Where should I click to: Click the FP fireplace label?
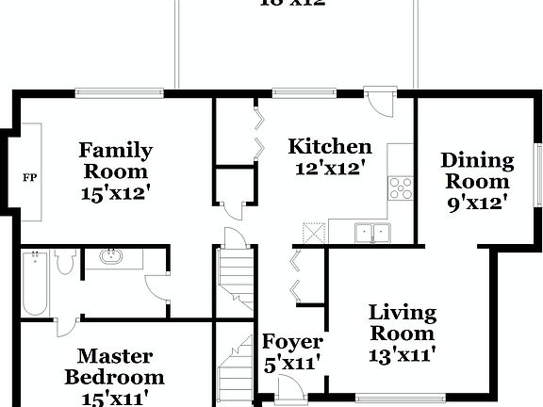coord(29,176)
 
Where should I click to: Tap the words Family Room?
coord(115,160)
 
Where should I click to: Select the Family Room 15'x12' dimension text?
coord(116,194)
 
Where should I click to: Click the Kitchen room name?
coord(329,147)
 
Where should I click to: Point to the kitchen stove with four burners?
coord(402,188)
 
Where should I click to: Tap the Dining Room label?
coord(477,171)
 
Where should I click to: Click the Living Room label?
coord(402,322)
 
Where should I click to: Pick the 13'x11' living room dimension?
coord(402,355)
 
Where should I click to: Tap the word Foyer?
coord(291,342)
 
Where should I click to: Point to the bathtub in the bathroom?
coord(36,282)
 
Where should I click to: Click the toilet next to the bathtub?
coord(65,262)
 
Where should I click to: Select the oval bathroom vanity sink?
coord(111,256)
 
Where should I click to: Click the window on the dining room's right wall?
coord(538,175)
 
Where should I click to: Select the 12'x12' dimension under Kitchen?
coord(329,168)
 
